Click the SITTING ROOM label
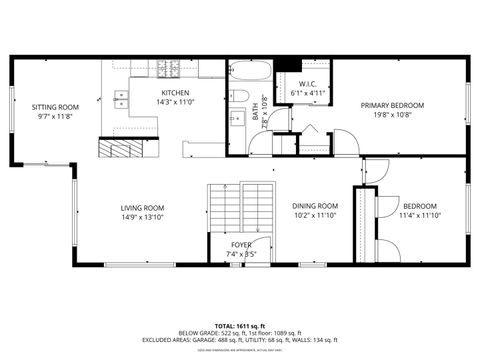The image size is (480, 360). click(x=54, y=106)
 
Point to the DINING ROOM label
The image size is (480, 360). click(x=315, y=206)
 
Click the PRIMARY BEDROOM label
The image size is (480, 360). click(x=392, y=105)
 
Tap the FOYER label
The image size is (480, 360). click(x=241, y=244)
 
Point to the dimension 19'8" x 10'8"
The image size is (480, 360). click(x=392, y=115)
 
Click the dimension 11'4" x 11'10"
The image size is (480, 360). click(x=420, y=215)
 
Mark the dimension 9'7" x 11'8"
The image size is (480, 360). click(x=54, y=116)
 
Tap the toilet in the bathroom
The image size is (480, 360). click(x=240, y=96)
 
